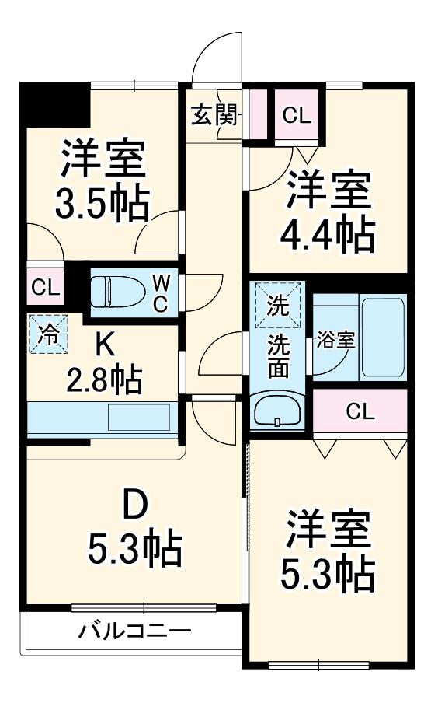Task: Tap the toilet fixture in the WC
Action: pyautogui.click(x=118, y=292)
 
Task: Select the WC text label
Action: pyautogui.click(x=161, y=293)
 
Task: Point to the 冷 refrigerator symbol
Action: pyautogui.click(x=48, y=334)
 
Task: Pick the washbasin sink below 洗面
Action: pyautogui.click(x=278, y=410)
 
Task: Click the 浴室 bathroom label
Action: pyautogui.click(x=335, y=341)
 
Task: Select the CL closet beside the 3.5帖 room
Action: pyautogui.click(x=46, y=287)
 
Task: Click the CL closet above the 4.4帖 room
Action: pyautogui.click(x=297, y=115)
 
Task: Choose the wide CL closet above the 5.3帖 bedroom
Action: pyautogui.click(x=360, y=411)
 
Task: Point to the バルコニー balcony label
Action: pyautogui.click(x=135, y=631)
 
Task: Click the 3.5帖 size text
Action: pyautogui.click(x=102, y=203)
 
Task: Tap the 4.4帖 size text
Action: pyautogui.click(x=327, y=233)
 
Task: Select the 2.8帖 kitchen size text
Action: pyautogui.click(x=104, y=379)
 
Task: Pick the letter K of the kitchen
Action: pyautogui.click(x=104, y=346)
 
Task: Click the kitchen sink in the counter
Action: pyautogui.click(x=139, y=418)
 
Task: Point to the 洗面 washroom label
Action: pyautogui.click(x=278, y=356)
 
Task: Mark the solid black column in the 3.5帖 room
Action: pyautogui.click(x=55, y=105)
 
